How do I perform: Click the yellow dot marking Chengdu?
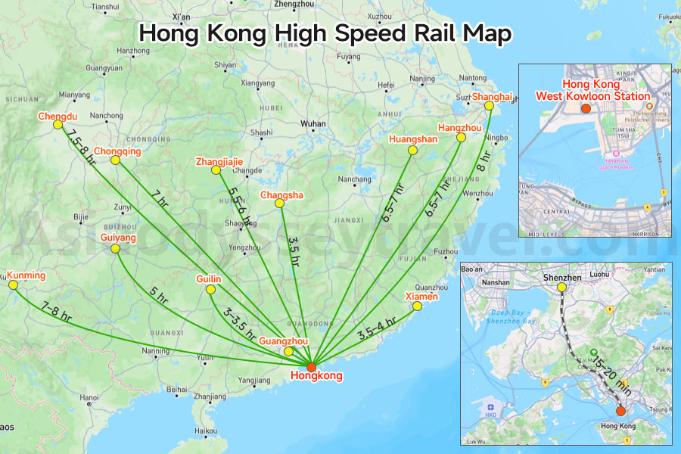point(58,126)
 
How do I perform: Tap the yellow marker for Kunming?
point(13,285)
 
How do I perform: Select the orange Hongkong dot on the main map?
point(311,367)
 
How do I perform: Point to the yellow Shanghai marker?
point(489,106)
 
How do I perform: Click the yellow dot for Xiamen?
point(410,306)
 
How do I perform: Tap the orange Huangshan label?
point(413,139)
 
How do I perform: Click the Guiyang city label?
point(118,238)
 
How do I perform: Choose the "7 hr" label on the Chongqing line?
point(160,199)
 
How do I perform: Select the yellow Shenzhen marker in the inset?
point(561,288)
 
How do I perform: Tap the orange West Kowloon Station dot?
point(585,109)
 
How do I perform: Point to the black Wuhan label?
point(313,123)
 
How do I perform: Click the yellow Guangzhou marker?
point(288,352)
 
